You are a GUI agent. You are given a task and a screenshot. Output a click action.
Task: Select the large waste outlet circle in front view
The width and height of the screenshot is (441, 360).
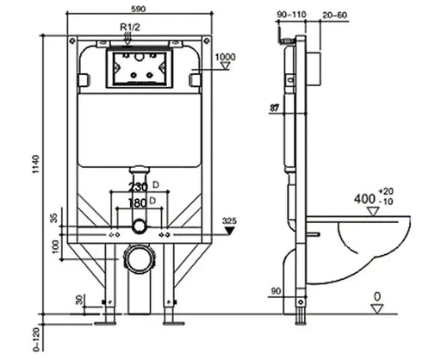(x=138, y=258)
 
